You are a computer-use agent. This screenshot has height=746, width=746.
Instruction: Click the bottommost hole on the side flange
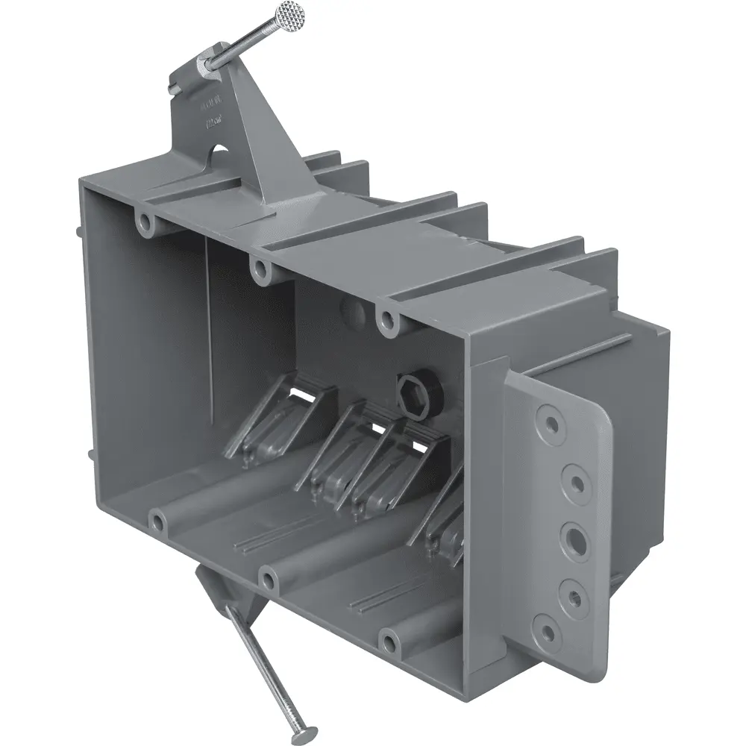coord(549,633)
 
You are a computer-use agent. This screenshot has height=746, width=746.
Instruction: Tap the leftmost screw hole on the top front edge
coord(144,221)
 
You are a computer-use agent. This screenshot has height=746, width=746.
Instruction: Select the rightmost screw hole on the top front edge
coord(387,320)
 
